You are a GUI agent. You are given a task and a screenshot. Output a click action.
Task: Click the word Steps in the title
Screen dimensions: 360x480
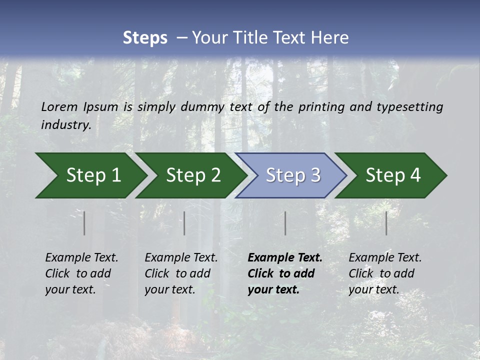pos(145,37)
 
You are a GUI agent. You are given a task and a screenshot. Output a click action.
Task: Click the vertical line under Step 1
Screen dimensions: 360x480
pos(84,223)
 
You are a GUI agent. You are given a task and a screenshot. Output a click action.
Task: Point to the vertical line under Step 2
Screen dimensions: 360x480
pos(184,223)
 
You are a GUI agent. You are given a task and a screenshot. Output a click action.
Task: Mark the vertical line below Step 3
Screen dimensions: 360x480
pos(285,223)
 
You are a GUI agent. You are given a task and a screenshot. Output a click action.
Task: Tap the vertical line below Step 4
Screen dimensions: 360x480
pos(386,223)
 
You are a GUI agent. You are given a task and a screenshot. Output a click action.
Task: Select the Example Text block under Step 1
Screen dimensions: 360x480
pos(81,273)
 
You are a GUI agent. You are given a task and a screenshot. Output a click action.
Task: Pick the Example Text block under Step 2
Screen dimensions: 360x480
pos(181,273)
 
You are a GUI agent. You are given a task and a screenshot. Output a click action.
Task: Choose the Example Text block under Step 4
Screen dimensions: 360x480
pos(385,273)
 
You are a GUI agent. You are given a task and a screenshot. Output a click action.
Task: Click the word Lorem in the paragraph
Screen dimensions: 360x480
pos(59,106)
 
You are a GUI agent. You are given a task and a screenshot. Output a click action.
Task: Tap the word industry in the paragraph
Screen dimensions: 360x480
pos(65,124)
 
